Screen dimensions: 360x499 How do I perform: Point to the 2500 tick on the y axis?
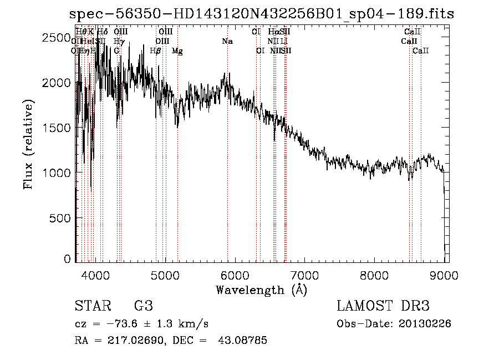(76, 37)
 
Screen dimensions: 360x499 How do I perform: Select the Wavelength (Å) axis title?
(261, 290)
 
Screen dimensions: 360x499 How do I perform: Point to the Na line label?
(227, 41)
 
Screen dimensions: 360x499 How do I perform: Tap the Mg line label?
(177, 51)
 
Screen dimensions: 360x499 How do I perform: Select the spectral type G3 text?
(143, 306)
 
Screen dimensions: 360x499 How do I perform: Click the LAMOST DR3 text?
(383, 306)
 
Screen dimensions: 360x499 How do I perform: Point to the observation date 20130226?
(424, 323)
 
